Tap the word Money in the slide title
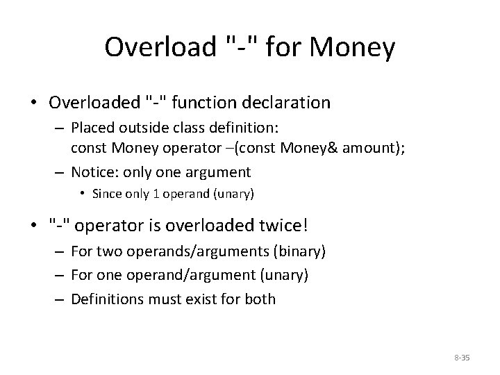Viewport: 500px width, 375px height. coord(354,47)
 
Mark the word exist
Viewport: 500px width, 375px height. coord(199,299)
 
